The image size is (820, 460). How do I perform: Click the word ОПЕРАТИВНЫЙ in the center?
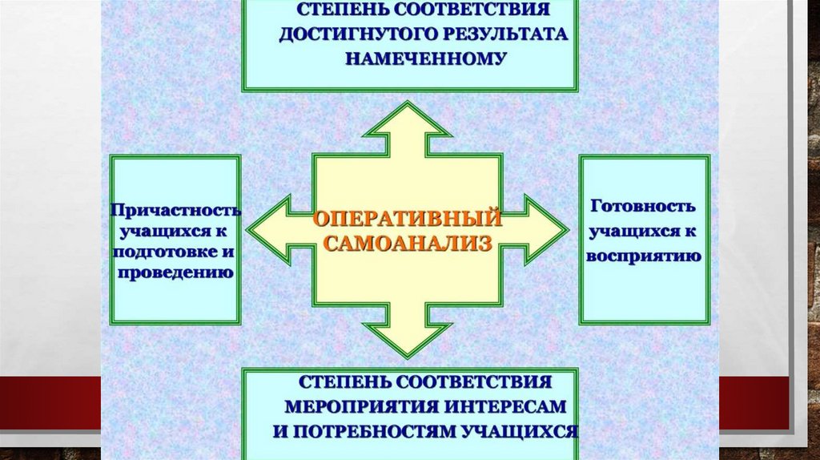[407, 218]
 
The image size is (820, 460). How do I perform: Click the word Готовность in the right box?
[643, 206]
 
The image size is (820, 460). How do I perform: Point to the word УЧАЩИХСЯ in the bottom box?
[521, 430]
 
